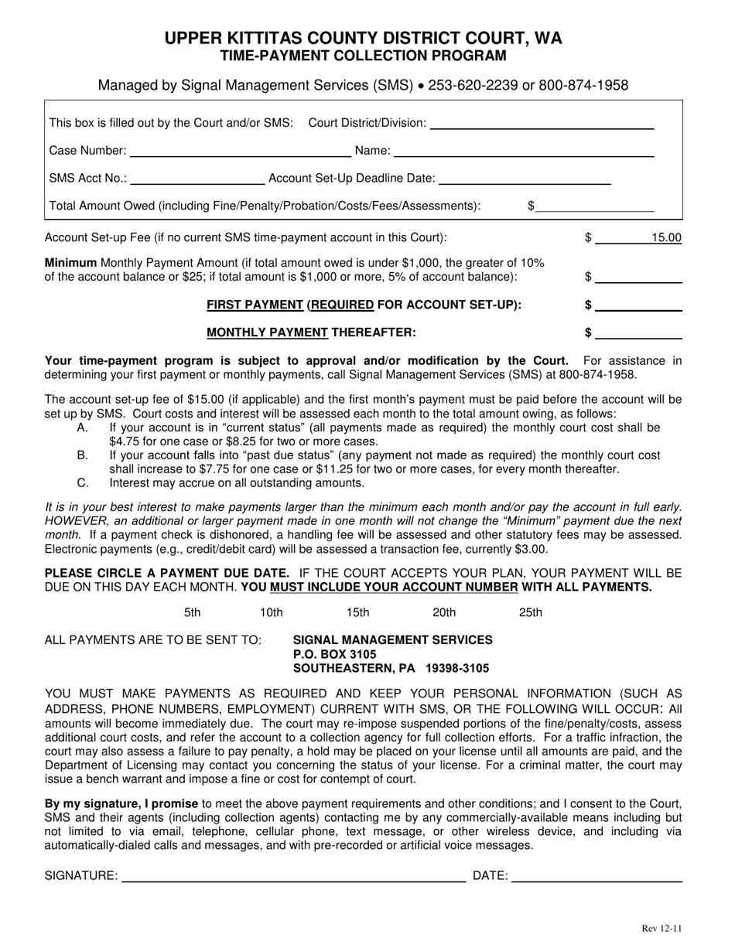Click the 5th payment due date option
tap(192, 612)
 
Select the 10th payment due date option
tap(271, 612)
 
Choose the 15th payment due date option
tap(357, 612)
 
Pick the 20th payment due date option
tap(443, 612)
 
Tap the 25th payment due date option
tap(530, 612)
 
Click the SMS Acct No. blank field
tap(197, 179)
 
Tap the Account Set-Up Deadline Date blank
tap(524, 179)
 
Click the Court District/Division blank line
tap(542, 122)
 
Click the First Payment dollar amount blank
tap(638, 305)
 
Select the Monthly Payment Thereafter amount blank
tap(638, 333)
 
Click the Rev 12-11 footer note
tap(661, 929)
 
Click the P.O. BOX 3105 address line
tap(335, 654)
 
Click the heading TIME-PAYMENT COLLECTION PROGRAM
tap(364, 56)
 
